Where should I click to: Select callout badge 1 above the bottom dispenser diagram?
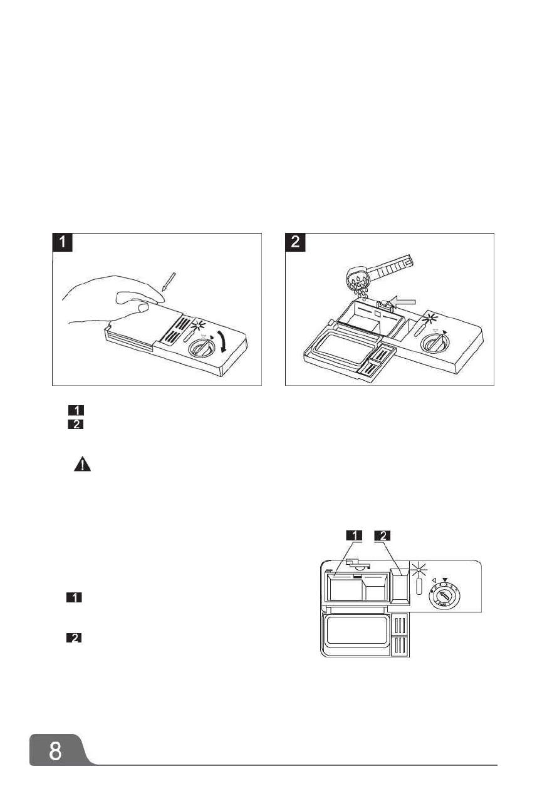(355, 535)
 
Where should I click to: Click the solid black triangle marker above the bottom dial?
(445, 571)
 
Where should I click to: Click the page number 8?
(56, 750)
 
